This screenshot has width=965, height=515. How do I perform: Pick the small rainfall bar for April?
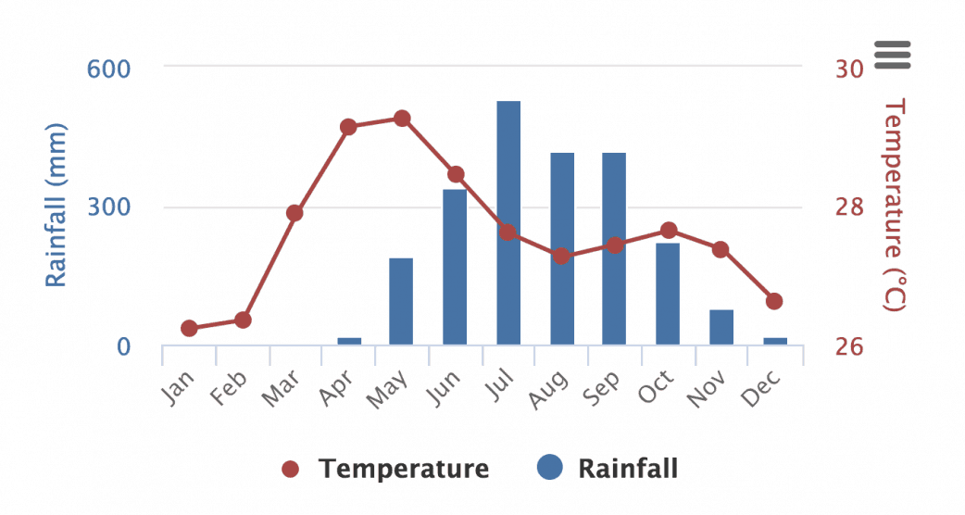(348, 341)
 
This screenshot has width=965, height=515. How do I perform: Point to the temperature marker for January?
(189, 328)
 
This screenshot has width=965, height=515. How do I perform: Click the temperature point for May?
(402, 119)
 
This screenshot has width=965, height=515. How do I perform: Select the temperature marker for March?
(295, 213)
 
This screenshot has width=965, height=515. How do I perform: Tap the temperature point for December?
(774, 301)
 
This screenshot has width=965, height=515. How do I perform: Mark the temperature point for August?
(561, 256)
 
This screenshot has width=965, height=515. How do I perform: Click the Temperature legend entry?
(386, 469)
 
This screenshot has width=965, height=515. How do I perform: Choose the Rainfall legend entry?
(608, 469)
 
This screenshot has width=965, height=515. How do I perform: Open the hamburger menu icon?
(893, 55)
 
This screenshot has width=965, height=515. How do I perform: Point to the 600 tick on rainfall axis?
(108, 69)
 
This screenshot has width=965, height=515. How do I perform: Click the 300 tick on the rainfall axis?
(108, 207)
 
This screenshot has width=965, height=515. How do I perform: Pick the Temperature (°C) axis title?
(893, 206)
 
